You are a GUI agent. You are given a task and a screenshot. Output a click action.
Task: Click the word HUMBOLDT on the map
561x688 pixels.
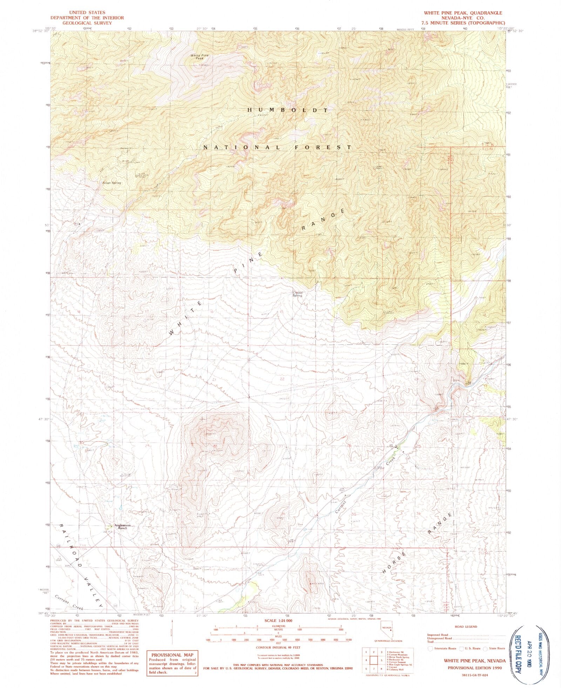click(x=288, y=110)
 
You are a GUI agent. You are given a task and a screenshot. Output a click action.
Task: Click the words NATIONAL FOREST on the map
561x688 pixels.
click(x=277, y=148)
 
